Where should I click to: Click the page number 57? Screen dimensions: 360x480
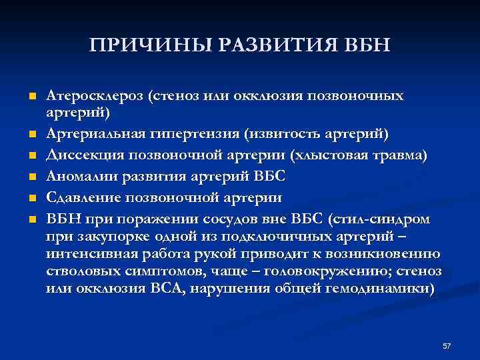click(447, 346)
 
